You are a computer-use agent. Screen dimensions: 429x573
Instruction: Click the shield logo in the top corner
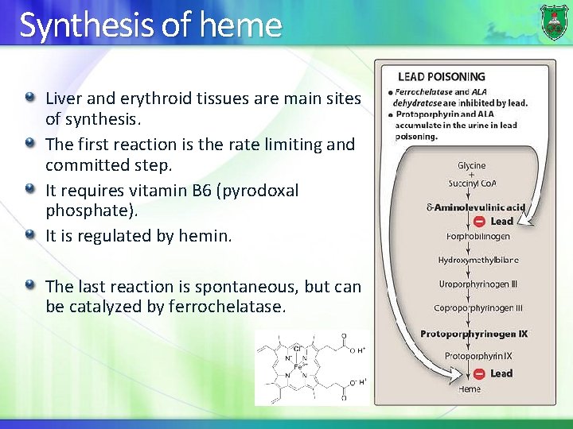point(554,21)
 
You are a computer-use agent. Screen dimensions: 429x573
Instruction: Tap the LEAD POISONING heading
point(441,77)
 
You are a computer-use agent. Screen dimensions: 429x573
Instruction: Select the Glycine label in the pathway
point(471,166)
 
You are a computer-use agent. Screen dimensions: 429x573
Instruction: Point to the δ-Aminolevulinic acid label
point(476,207)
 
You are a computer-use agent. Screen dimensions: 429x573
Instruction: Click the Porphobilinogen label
point(478,236)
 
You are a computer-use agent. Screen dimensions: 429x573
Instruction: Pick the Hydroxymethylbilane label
point(478,260)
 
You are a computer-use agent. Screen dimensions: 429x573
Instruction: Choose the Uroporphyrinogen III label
point(478,284)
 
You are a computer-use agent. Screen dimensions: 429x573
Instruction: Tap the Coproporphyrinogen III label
point(478,308)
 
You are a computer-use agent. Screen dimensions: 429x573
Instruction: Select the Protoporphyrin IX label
point(478,356)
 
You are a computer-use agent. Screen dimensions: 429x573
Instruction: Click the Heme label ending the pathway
point(470,388)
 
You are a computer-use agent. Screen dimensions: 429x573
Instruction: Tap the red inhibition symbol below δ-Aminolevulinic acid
point(479,222)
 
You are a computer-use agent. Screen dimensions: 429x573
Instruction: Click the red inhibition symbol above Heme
point(479,373)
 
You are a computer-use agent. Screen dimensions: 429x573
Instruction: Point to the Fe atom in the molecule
point(297,366)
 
